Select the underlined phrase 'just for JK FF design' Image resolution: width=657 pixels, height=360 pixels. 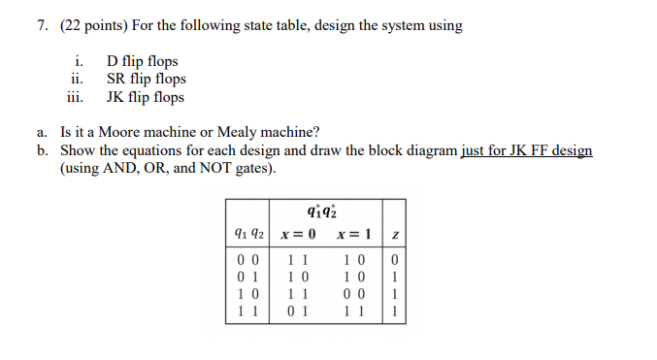(526, 150)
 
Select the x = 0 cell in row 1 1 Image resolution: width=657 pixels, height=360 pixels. (297, 312)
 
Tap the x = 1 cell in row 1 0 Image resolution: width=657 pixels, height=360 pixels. (354, 296)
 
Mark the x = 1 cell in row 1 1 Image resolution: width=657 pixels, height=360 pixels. (354, 312)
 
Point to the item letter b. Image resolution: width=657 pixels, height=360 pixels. (44, 150)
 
